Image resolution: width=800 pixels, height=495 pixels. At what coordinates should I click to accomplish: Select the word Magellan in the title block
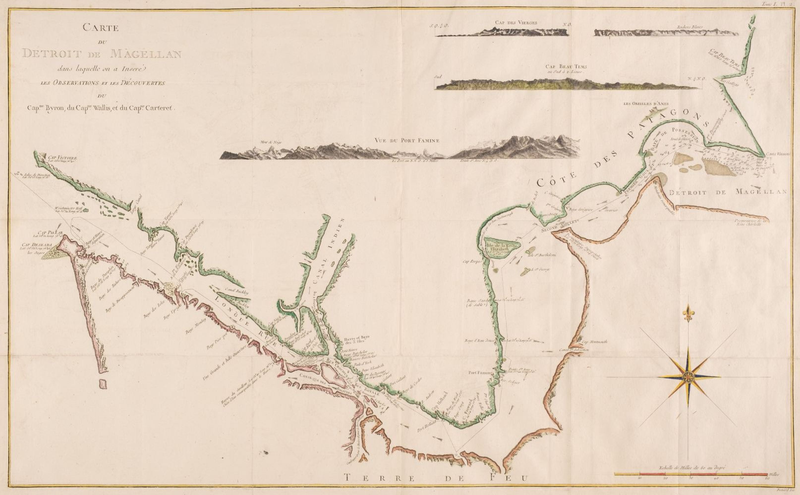146,53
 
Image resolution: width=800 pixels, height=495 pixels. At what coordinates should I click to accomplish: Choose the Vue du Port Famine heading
407,140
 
